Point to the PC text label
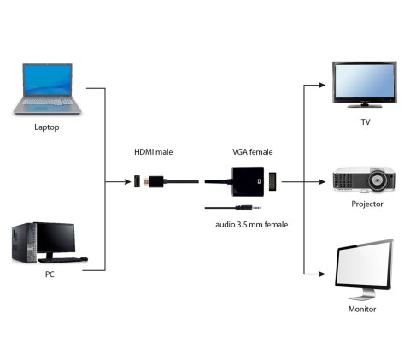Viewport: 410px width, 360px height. (x=50, y=275)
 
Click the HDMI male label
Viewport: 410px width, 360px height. (x=154, y=152)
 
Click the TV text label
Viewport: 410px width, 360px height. (x=366, y=122)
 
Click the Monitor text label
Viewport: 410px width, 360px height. (x=363, y=309)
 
